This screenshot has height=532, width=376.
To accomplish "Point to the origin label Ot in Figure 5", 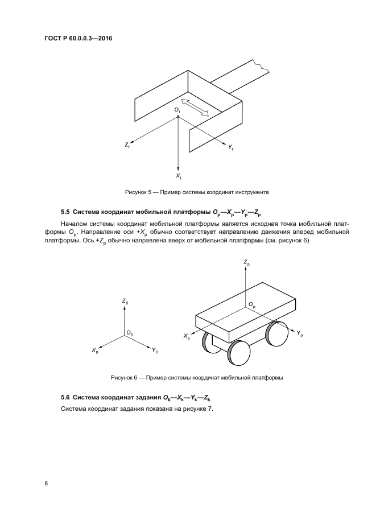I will [x=177, y=109].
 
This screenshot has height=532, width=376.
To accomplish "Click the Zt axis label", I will [x=127, y=146].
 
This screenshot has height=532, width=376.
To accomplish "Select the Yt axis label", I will [x=232, y=147].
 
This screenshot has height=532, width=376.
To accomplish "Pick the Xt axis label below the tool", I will [x=179, y=177].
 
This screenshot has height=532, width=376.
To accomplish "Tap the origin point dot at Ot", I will [x=179, y=117].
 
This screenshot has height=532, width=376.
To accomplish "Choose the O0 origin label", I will [x=130, y=333].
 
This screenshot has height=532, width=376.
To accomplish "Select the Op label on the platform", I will [x=252, y=306].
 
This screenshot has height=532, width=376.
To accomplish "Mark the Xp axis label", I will [x=187, y=337].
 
